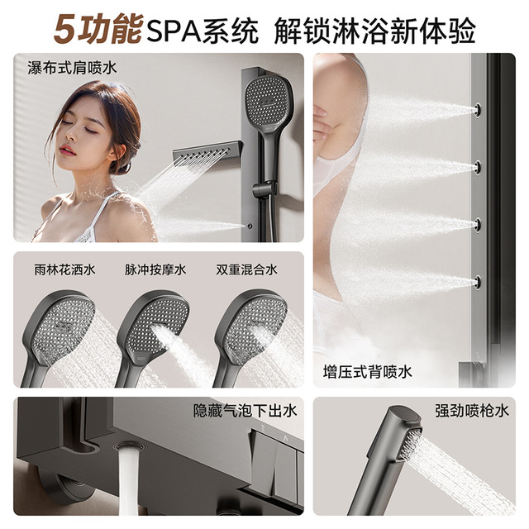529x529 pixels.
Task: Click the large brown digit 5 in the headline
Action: tap(66, 30)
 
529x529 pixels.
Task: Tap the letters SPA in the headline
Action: tap(173, 31)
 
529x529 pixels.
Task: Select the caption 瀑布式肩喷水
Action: tap(72, 68)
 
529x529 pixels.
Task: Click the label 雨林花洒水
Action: tap(64, 269)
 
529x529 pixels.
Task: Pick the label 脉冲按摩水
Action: tap(155, 269)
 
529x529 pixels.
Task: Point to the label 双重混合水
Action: tap(246, 269)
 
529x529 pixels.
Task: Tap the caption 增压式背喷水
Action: tap(367, 372)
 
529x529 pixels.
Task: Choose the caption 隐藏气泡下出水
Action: tap(245, 411)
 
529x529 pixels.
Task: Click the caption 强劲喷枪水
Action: tap(472, 411)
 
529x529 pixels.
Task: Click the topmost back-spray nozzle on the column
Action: tap(478, 109)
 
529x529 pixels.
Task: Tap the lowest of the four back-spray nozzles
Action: tap(478, 282)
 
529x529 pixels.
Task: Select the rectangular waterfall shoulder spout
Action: tap(207, 152)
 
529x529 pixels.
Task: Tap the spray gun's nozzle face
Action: tap(410, 445)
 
